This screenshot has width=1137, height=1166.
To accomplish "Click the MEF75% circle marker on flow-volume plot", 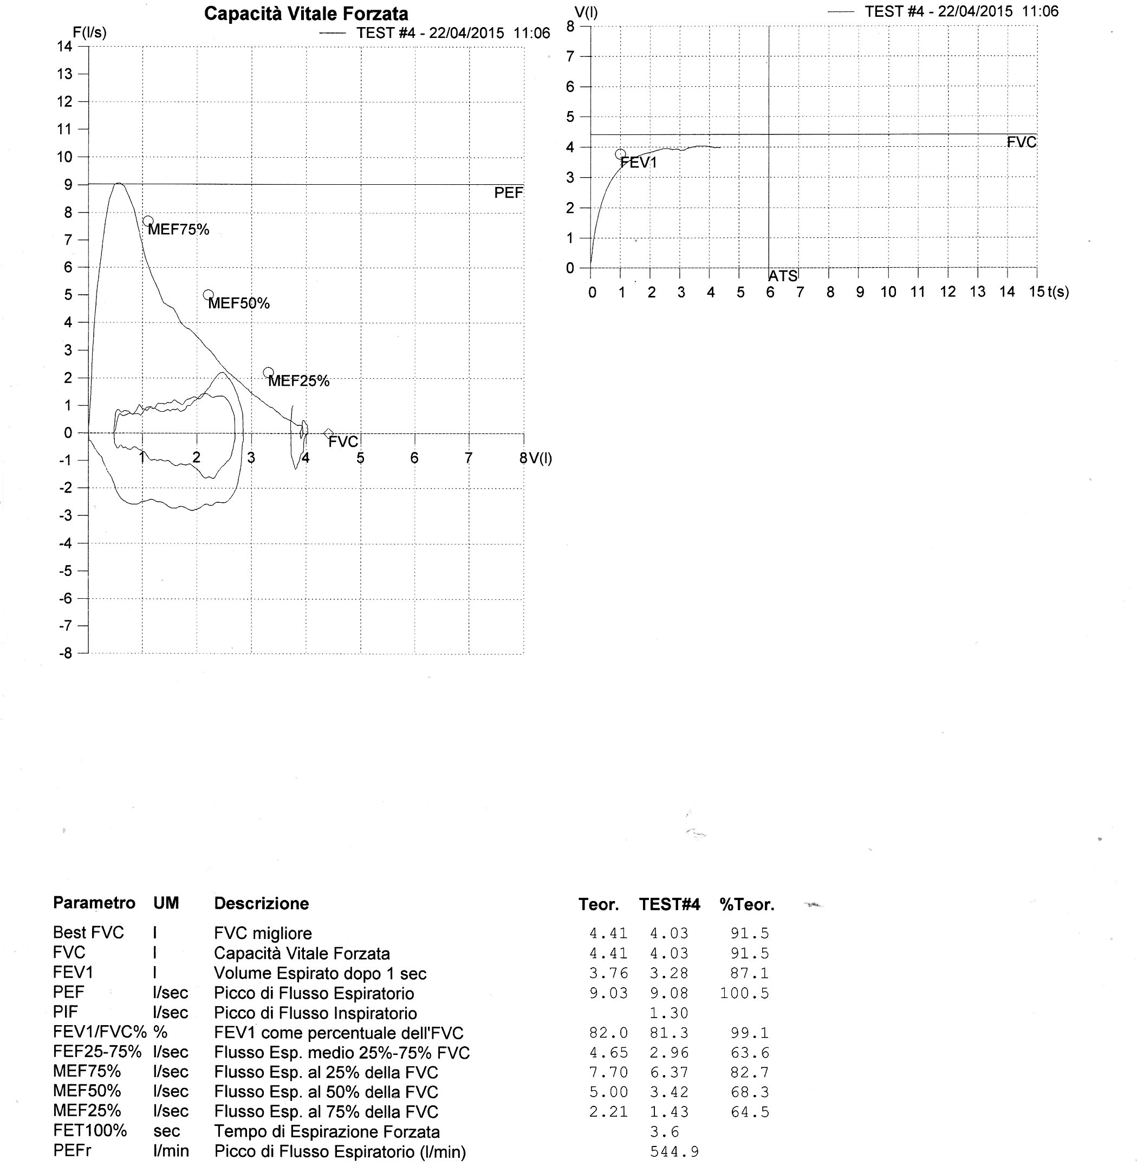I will pos(148,221).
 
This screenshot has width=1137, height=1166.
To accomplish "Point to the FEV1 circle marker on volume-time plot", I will pos(620,154).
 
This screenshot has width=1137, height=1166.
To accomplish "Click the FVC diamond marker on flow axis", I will pos(328,433).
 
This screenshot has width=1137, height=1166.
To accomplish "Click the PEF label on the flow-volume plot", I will pos(508,193).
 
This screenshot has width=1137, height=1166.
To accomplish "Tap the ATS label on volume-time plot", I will pos(782,276).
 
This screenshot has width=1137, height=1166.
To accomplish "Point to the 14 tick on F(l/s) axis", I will pos(64,47).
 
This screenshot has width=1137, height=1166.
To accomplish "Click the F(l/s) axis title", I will pos(89,33).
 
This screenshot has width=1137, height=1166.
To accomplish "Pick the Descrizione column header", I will pos(262,904).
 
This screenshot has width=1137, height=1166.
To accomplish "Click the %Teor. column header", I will pos(746,905).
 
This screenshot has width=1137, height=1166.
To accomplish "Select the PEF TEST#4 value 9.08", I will pos(669,993).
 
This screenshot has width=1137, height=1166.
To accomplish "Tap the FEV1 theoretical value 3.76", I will pos(608,974).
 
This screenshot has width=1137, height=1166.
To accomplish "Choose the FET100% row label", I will pos(90,1131).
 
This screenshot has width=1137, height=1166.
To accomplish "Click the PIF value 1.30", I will pos(669,1013).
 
